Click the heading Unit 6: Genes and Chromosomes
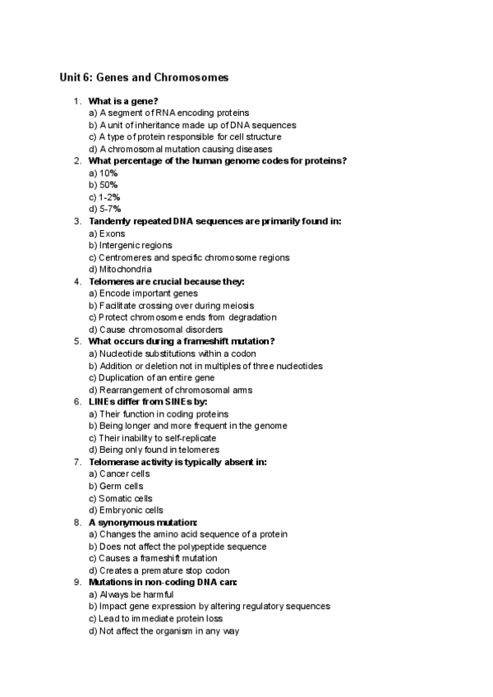pyautogui.click(x=144, y=78)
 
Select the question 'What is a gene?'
pyautogui.click(x=123, y=101)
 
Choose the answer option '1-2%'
pyautogui.click(x=104, y=197)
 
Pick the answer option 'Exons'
pyautogui.click(x=107, y=233)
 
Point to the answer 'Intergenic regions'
pyautogui.click(x=130, y=246)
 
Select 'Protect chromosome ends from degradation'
pyautogui.click(x=182, y=317)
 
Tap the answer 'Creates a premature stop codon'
pyautogui.click(x=159, y=570)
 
